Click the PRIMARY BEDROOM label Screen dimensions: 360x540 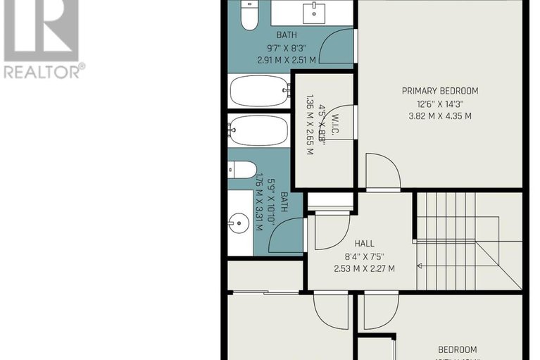pyautogui.click(x=439, y=91)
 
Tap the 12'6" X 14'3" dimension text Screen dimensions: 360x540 pyautogui.click(x=439, y=104)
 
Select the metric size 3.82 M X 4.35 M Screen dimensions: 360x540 pyautogui.click(x=439, y=116)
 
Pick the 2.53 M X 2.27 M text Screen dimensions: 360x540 pyautogui.click(x=364, y=268)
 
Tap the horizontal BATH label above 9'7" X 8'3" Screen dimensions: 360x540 pyautogui.click(x=287, y=35)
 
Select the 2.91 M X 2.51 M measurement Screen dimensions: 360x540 pyautogui.click(x=287, y=60)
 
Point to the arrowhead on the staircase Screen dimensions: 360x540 pyautogui.click(x=420, y=266)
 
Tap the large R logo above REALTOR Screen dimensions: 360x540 pyautogui.click(x=41, y=28)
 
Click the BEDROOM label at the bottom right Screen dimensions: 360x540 pyautogui.click(x=458, y=349)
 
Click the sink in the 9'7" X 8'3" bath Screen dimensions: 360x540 pyautogui.click(x=310, y=12)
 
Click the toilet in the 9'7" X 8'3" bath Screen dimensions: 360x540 pyautogui.click(x=249, y=15)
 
